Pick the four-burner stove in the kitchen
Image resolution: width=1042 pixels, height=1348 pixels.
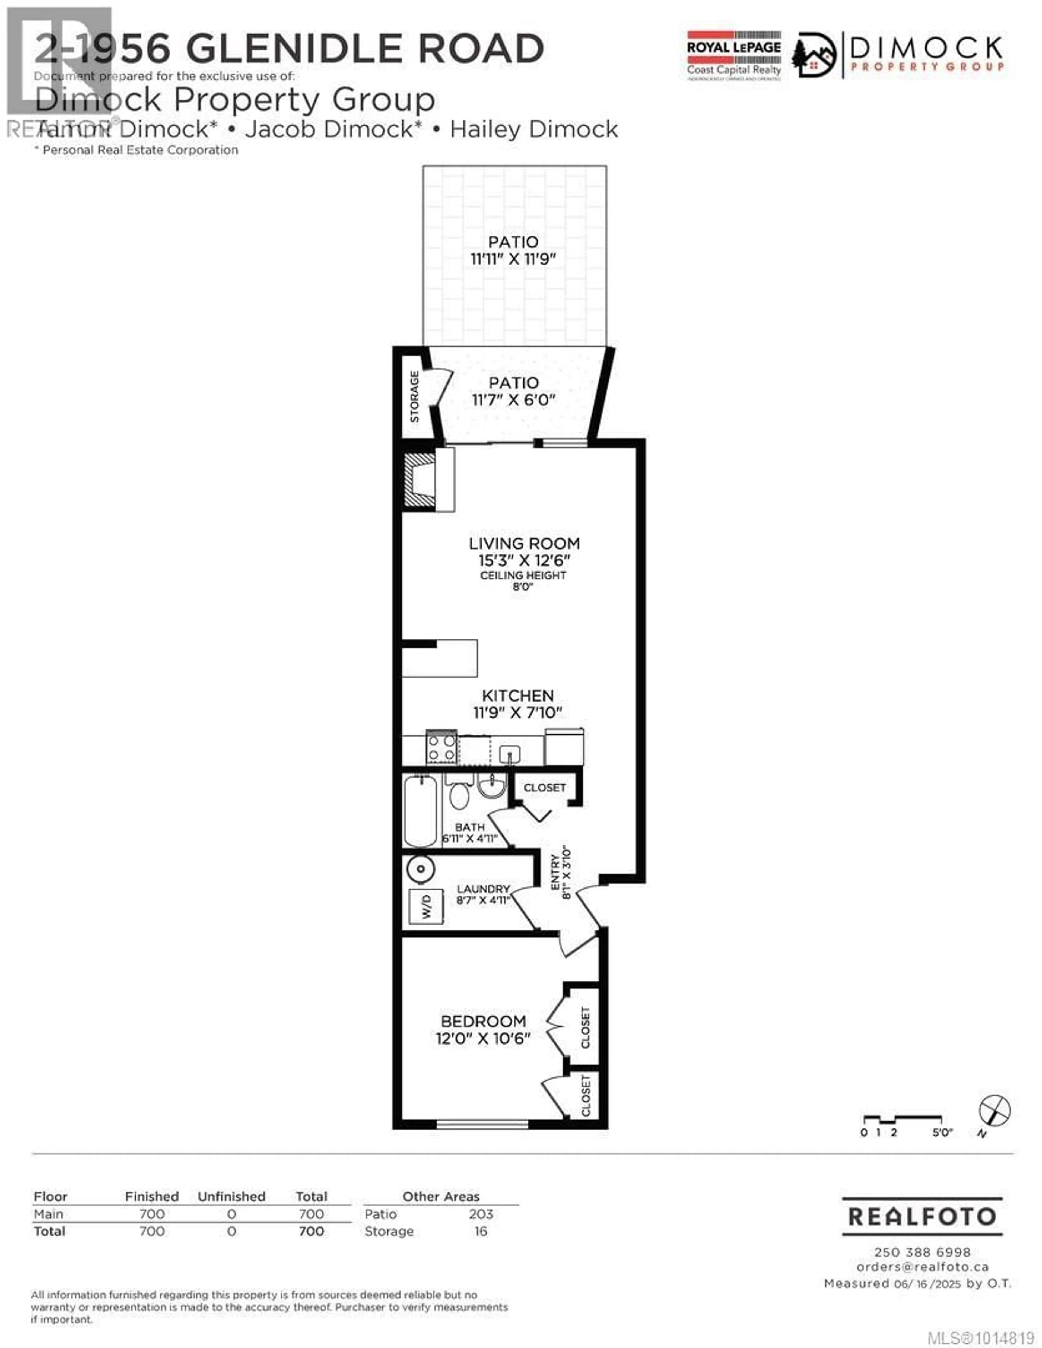pyautogui.click(x=441, y=748)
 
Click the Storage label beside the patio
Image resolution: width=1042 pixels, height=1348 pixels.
pyautogui.click(x=414, y=396)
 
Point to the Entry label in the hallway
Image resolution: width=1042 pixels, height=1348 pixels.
pyautogui.click(x=555, y=872)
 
